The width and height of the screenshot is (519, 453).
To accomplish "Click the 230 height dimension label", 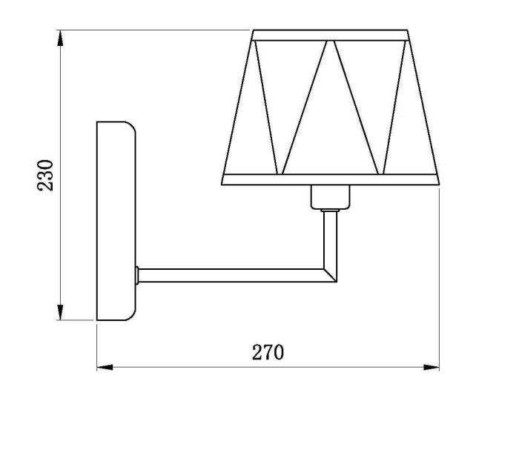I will pos(46,175).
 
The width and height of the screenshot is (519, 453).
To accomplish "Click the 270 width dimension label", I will pos(267,352).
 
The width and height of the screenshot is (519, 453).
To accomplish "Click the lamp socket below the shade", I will pos(329,197).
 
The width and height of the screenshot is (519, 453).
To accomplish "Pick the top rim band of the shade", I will pos(331,34).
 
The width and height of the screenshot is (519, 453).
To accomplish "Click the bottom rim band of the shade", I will pos(331,179).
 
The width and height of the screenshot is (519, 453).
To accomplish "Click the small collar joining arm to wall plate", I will pos(138,275).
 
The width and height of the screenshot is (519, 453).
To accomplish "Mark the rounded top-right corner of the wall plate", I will pos(132,128).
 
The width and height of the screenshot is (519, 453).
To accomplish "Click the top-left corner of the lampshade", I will pos(254,31).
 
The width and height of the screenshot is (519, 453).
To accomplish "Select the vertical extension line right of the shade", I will pos(440,282).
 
